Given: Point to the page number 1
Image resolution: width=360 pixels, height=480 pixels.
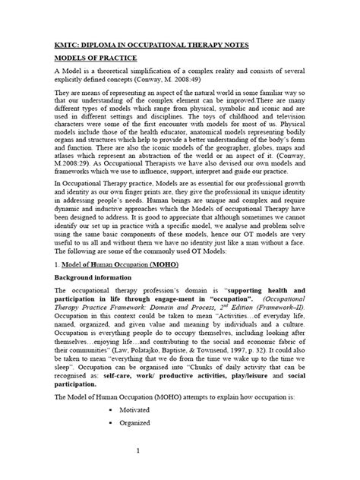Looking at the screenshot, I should coord(180,469).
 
